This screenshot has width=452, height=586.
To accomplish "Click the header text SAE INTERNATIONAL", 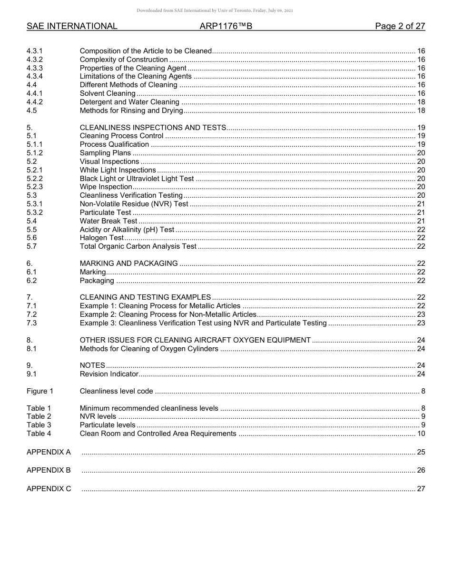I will pos(72,27).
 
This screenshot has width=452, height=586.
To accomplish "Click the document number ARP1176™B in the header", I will pos(226,27).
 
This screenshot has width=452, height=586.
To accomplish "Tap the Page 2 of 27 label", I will pos(400,27).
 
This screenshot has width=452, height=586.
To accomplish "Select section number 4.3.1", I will pos(35,51).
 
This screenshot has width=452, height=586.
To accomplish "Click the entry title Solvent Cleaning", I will pos(108,94).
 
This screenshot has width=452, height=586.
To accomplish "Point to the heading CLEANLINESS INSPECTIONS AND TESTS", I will pos(153,128).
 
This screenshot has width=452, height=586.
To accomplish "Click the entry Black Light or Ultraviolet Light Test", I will pos(137,179).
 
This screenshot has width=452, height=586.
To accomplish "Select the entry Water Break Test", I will pos(108,221).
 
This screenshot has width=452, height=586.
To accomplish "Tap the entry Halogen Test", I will pos(102,238).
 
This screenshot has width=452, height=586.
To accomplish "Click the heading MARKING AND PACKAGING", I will pos(129,263).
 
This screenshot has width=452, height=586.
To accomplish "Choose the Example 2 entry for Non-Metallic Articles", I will pos(168,314).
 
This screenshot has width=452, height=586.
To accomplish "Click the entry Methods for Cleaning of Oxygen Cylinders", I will pos(149,349).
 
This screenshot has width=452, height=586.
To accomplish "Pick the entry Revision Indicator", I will pos(109,374).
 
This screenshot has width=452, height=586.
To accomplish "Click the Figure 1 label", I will pos(40,391).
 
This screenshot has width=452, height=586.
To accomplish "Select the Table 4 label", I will pos(39,434).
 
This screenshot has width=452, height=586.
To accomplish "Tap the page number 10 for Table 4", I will pos(421,434).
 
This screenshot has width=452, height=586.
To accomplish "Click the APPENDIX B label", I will pos(49,470).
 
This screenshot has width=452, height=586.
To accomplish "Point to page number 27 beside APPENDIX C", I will pos(421,489).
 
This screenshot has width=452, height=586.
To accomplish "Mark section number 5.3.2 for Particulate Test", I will pos(35,212).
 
